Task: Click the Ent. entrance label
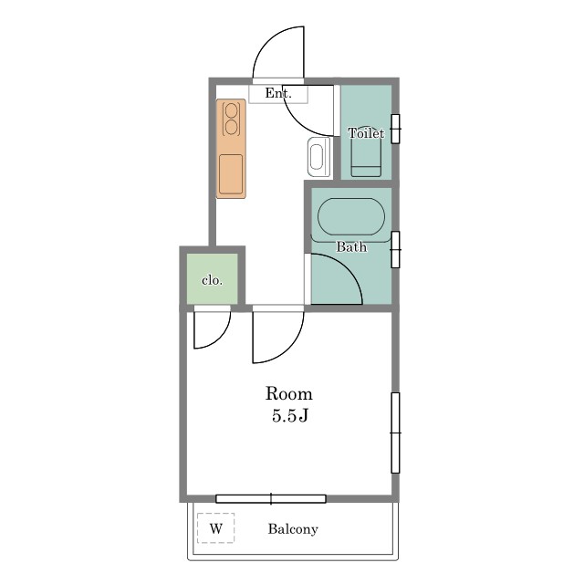click(x=277, y=93)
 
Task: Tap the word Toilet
click(x=366, y=133)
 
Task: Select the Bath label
click(x=351, y=246)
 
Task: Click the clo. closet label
click(x=212, y=280)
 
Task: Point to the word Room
click(x=288, y=394)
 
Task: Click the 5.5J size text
click(x=290, y=416)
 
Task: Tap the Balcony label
click(x=293, y=529)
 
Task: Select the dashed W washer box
click(x=216, y=528)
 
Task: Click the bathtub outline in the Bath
click(x=351, y=217)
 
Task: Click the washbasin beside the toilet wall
click(x=318, y=156)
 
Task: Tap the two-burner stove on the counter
click(x=231, y=120)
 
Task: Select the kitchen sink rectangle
click(x=231, y=174)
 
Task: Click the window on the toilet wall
click(x=395, y=129)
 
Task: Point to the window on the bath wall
click(x=395, y=249)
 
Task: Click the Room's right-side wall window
click(x=395, y=433)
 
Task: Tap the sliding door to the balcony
click(x=271, y=499)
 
